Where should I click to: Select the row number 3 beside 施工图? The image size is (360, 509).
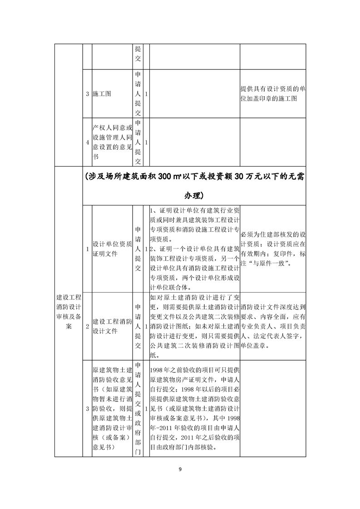click(x=87, y=94)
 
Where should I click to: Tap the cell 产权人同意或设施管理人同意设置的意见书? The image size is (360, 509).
click(x=111, y=142)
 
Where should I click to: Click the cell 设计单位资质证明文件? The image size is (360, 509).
click(x=111, y=249)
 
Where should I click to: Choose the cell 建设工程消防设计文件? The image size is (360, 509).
click(x=111, y=327)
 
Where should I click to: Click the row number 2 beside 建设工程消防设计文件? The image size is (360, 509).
click(x=87, y=327)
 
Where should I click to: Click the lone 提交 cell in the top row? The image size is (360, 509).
click(x=138, y=54)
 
